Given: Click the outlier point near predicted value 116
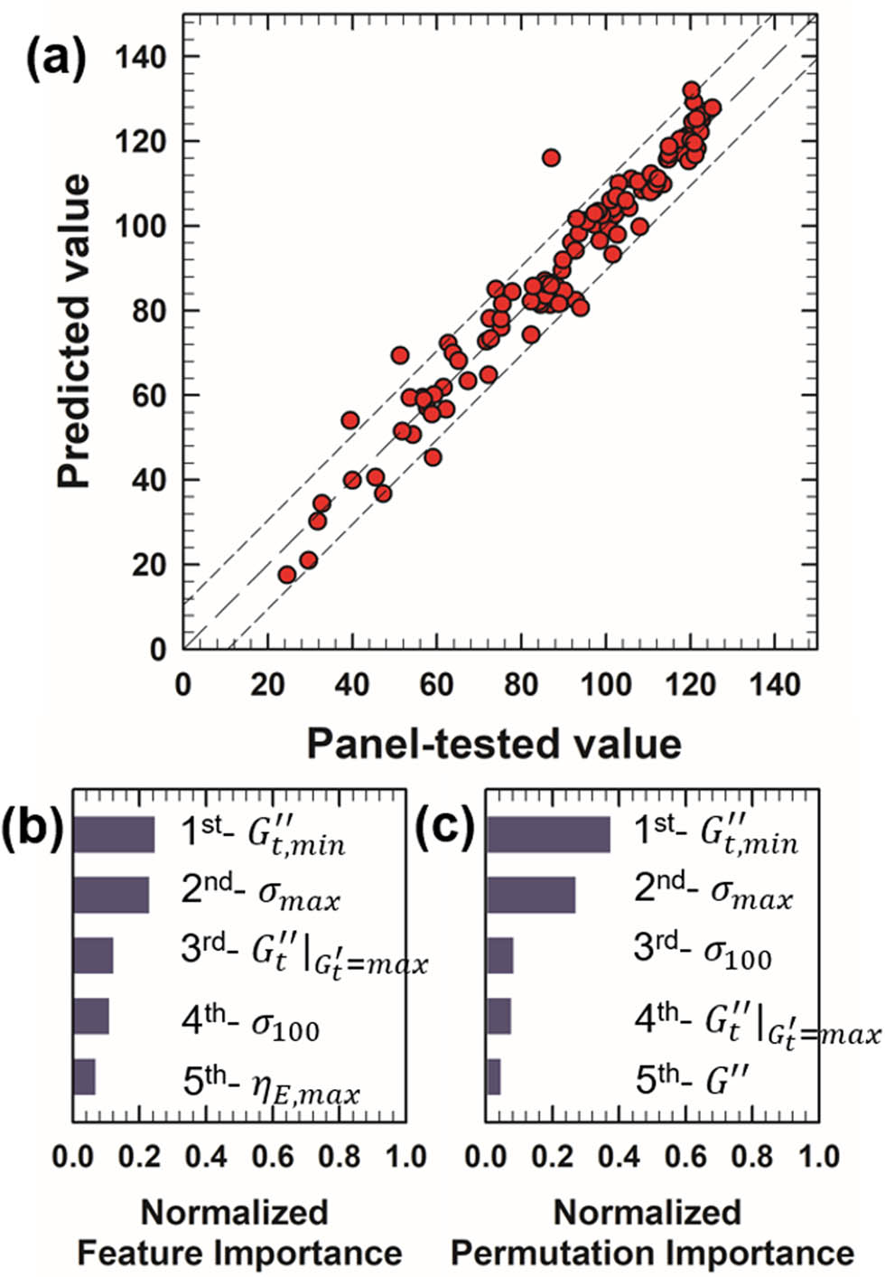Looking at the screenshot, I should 551,157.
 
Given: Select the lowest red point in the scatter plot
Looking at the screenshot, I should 287,575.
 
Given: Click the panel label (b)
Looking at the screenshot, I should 33,828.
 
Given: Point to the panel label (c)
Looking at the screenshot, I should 445,828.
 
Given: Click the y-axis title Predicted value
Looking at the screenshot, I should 74,332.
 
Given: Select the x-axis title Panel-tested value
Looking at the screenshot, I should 493,744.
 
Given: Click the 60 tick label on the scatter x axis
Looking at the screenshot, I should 436,685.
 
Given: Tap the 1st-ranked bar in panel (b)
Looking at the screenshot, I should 114,835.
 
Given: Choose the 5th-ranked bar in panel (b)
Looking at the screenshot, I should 84,1076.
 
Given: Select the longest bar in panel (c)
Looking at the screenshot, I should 548,835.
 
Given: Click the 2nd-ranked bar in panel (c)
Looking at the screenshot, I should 531,895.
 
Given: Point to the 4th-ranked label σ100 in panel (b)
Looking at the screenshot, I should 250,1022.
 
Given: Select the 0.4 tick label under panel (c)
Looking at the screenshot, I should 619,1157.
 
